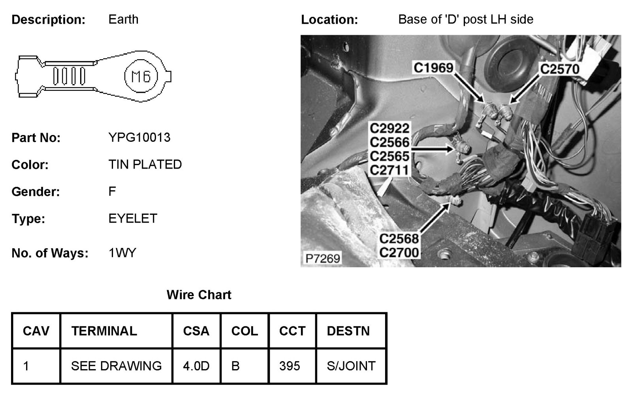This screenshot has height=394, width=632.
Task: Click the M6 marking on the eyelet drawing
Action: pyautogui.click(x=141, y=76)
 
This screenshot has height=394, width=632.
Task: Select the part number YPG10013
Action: pyautogui.click(x=139, y=137)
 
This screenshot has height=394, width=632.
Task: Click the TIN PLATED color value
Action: pyautogui.click(x=145, y=164)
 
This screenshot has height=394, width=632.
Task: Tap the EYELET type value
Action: pyautogui.click(x=133, y=218)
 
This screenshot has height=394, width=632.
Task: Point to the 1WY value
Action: pyautogui.click(x=122, y=253)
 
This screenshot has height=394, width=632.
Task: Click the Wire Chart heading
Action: pyautogui.click(x=199, y=295)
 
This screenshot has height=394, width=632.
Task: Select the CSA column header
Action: pyautogui.click(x=196, y=331)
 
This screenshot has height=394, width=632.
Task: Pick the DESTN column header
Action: pyautogui.click(x=348, y=331)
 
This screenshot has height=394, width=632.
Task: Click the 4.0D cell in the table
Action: pyautogui.click(x=196, y=366)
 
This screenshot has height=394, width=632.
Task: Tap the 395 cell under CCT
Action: pyautogui.click(x=290, y=366)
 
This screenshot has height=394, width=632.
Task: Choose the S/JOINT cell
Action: pyautogui.click(x=351, y=366)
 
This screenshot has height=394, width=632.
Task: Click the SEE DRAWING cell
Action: pyautogui.click(x=116, y=366)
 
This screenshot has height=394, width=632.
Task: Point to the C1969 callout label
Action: pyautogui.click(x=433, y=68)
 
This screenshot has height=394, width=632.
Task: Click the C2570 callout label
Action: pyautogui.click(x=559, y=69)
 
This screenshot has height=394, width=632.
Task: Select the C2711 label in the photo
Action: pyautogui.click(x=389, y=170)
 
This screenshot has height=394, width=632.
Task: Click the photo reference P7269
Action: pyautogui.click(x=323, y=258)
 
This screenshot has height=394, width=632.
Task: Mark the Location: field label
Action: pyautogui.click(x=329, y=20)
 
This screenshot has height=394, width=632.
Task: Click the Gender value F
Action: pyautogui.click(x=112, y=191)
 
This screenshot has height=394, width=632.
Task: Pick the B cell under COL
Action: pyautogui.click(x=235, y=366)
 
